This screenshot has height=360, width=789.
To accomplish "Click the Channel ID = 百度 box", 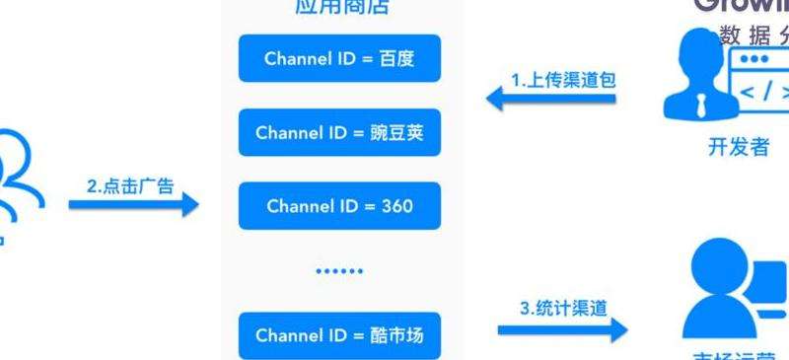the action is tap(339, 59).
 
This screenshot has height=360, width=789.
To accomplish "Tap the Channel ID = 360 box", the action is tap(339, 207).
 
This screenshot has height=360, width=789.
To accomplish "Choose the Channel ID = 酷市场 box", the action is tap(339, 335).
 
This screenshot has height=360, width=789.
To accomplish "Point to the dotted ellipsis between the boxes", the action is tap(339, 269).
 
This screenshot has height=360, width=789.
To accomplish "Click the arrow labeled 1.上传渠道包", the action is tap(552, 96).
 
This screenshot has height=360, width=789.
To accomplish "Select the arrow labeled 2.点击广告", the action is tap(133, 204).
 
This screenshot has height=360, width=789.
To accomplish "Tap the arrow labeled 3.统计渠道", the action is tap(562, 327).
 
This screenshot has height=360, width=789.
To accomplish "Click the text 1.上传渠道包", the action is tap(562, 79).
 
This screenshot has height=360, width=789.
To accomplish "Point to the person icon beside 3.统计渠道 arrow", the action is tap(725, 286).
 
